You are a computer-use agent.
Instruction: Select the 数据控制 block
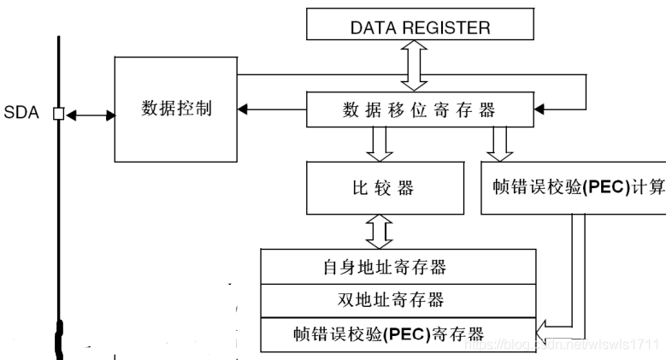point(175,109)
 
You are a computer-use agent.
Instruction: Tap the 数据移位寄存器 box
point(419,109)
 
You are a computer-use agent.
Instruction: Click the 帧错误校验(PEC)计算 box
point(572,187)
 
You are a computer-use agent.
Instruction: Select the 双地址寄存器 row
point(398,299)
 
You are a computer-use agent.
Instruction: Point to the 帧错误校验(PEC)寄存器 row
point(398,332)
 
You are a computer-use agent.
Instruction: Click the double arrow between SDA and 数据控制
point(89,113)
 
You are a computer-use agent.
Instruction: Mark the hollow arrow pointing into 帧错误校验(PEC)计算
point(501,144)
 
